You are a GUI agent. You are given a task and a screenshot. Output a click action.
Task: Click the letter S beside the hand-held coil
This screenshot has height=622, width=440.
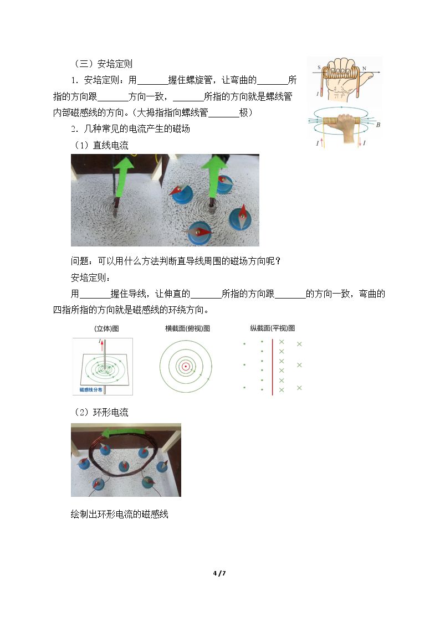pyautogui.click(x=319, y=68)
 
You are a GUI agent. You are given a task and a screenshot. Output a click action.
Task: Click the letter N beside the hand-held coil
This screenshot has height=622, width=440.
pyautogui.click(x=364, y=68)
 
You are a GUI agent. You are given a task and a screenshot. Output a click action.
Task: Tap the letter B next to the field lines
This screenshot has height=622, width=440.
pyautogui.click(x=378, y=125)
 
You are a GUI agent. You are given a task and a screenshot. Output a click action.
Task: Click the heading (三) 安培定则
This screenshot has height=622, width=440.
pyautogui.click(x=103, y=64)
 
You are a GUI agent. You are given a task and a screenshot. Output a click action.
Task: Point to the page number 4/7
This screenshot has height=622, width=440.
pyautogui.click(x=219, y=573)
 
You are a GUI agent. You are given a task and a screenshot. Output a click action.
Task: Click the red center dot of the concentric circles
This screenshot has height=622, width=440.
pyautogui.click(x=186, y=366)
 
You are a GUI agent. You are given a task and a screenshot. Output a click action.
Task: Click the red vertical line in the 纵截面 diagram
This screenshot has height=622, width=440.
pyautogui.click(x=273, y=367)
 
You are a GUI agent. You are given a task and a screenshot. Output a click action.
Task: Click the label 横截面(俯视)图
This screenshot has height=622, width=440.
pyautogui.click(x=188, y=328)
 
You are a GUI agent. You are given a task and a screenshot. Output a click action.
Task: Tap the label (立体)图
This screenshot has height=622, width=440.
pyautogui.click(x=107, y=328)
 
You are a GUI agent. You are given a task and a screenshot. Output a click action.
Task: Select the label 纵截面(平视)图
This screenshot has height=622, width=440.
pyautogui.click(x=273, y=328)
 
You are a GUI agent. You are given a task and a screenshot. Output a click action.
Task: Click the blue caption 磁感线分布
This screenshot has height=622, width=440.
pyautogui.click(x=91, y=389)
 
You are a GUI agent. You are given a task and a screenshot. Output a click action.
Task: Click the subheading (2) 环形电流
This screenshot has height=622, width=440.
pyautogui.click(x=101, y=412)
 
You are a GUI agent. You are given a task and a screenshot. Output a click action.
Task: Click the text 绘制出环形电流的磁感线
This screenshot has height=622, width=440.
pyautogui.click(x=120, y=514)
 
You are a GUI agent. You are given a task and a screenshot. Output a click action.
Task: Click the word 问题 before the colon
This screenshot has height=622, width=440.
pyautogui.click(x=79, y=261)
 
